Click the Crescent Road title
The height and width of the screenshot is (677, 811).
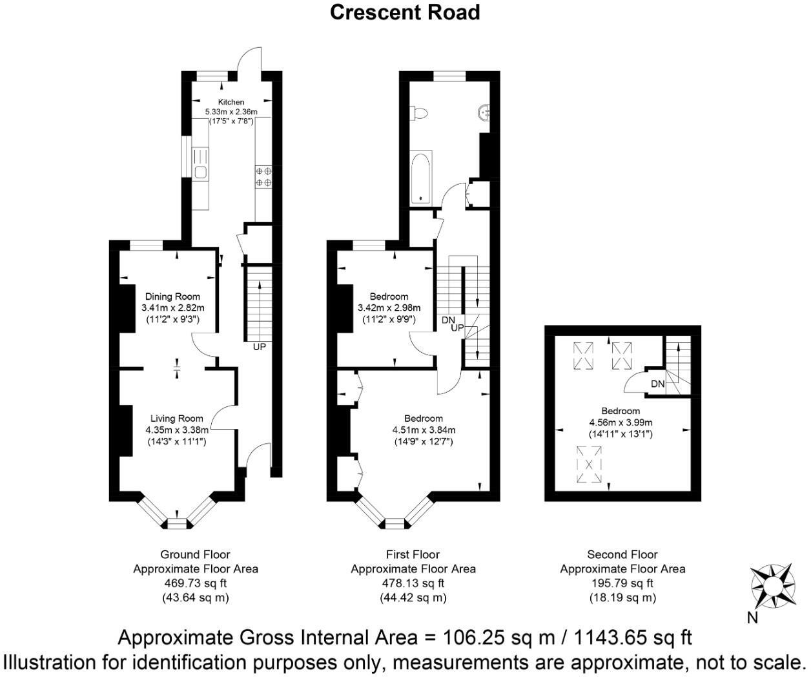tap(405, 12)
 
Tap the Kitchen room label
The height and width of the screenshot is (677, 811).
tap(231, 102)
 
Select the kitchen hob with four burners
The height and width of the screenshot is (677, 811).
tap(263, 176)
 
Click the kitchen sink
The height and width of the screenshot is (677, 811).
tap(200, 171)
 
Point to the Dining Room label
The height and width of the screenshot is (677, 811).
tap(172, 297)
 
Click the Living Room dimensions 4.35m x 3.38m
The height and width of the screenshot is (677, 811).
tap(177, 430)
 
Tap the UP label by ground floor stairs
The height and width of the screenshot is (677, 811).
tap(260, 347)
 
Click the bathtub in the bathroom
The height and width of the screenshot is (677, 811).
tap(420, 177)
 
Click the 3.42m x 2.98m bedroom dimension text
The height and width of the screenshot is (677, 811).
tap(389, 307)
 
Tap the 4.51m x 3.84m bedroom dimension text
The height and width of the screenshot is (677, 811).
tap(424, 430)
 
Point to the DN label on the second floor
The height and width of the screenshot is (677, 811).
tap(657, 384)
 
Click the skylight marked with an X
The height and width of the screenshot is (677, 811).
tap(588, 464)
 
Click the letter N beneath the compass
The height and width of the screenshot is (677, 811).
tap(752, 618)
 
